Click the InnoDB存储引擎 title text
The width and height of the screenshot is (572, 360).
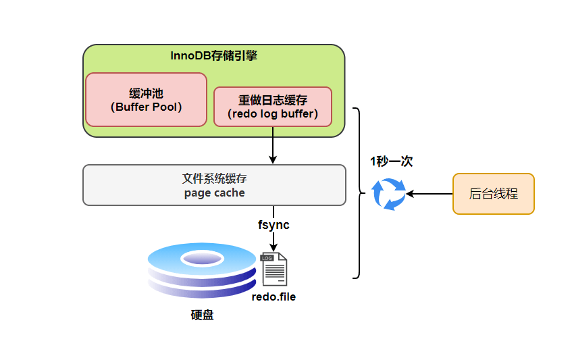[213, 56]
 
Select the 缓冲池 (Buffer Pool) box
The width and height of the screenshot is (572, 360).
[146, 100]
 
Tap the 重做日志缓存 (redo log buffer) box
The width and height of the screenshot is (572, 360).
[273, 107]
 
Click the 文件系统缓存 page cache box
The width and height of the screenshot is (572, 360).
[214, 185]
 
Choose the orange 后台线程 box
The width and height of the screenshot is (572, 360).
[493, 194]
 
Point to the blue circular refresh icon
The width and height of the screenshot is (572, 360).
[389, 194]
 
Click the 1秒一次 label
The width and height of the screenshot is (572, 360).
[391, 161]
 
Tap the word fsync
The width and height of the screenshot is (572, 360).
[274, 225]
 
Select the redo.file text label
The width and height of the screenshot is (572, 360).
[274, 297]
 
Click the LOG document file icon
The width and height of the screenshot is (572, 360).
[274, 269]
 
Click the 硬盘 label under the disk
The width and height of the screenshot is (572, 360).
[202, 315]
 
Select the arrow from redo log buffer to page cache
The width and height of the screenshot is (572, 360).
[273, 145]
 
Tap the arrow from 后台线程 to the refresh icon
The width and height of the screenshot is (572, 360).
[430, 194]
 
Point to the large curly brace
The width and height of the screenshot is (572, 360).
[358, 193]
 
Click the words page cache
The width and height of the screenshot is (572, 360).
[214, 192]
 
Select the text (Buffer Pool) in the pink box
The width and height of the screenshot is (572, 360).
[146, 107]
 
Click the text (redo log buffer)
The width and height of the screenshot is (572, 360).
[273, 113]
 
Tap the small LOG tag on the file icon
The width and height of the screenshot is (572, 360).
[267, 258]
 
